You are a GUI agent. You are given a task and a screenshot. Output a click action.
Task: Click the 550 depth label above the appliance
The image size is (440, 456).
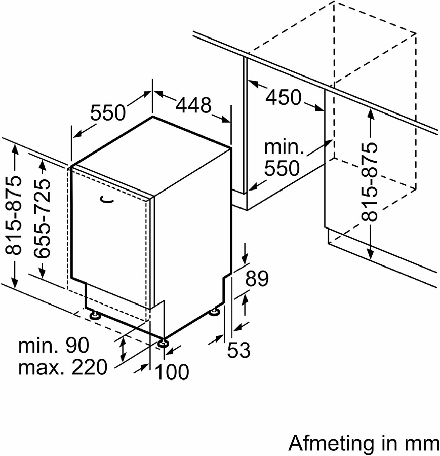[108, 112]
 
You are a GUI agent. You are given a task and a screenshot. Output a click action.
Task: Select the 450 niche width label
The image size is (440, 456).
[284, 97]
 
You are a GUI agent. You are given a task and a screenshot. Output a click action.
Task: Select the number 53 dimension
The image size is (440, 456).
[238, 350]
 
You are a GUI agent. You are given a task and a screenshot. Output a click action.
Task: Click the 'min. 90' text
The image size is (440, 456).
[54, 346]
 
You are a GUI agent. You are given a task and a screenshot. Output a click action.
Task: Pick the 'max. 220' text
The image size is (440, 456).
[63, 367]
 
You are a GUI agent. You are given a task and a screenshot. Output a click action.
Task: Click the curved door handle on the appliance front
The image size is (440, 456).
[107, 200]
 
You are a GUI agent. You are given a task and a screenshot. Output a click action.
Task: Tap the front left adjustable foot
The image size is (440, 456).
[94, 316]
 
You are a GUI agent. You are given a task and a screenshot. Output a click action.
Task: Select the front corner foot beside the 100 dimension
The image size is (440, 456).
[163, 344]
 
